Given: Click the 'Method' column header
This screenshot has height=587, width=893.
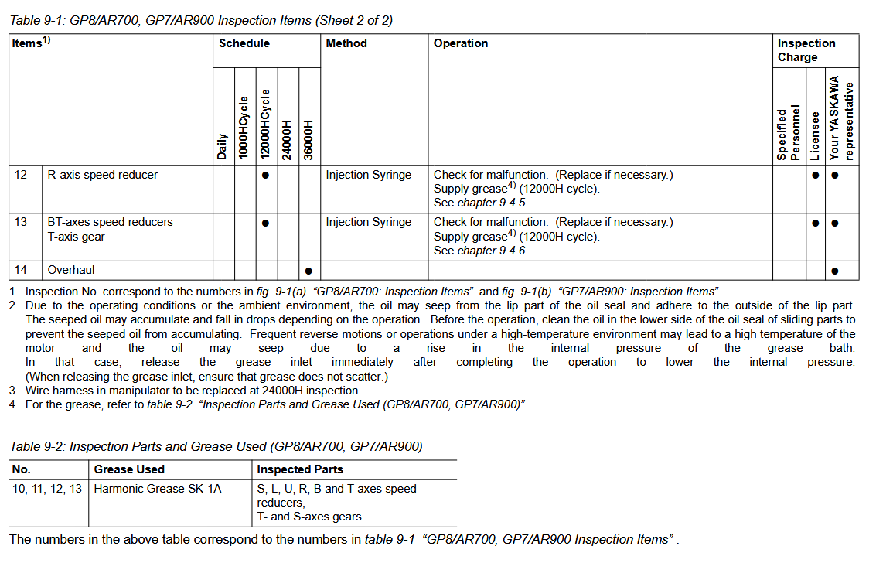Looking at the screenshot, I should (x=346, y=43).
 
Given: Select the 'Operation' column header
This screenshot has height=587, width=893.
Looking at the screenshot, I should (x=461, y=43).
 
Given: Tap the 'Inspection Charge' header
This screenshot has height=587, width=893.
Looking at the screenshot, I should (x=806, y=50).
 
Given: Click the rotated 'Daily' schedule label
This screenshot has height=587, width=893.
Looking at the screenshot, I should (x=223, y=147).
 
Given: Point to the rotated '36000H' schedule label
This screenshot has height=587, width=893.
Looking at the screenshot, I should (x=308, y=140).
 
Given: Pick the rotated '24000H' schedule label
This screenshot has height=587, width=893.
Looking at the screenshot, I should (x=287, y=140).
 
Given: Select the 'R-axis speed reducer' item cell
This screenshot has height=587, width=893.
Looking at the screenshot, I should (x=102, y=175).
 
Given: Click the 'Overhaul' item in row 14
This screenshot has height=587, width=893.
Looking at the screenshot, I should (x=71, y=270).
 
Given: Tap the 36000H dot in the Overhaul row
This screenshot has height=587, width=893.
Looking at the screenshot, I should (x=308, y=271).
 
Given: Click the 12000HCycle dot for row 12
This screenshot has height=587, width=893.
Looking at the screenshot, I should (x=265, y=176).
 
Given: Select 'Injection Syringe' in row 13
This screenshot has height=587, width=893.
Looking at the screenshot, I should (x=369, y=222).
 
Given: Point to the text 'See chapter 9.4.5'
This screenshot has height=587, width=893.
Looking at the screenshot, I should (x=479, y=203).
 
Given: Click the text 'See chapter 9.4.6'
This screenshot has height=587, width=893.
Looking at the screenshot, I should (x=479, y=251).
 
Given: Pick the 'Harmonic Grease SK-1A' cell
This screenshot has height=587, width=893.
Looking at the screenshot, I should (x=158, y=489).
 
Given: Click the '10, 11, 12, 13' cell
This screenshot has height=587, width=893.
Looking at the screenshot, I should (x=47, y=489).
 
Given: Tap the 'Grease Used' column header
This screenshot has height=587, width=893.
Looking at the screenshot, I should (x=129, y=469).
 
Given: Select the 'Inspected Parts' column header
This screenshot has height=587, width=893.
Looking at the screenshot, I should (x=300, y=469).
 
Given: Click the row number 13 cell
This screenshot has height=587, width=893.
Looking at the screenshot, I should (x=21, y=222).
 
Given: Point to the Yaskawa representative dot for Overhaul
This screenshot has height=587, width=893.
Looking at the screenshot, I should (x=834, y=271).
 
